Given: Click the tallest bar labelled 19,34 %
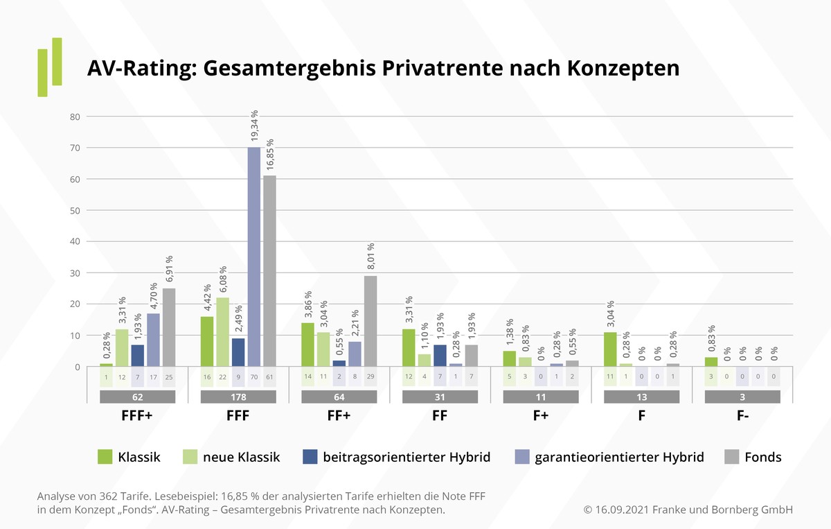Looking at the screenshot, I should coord(253,257).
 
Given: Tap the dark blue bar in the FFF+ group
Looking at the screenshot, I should coord(137,356).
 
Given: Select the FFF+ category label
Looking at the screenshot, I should coord(137,417).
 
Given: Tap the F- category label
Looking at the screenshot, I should coord(742,417).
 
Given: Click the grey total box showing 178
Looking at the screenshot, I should coord(238,397).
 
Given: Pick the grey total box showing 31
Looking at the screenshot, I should coord(440,397).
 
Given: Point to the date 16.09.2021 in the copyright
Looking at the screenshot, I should coord(626,510).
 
